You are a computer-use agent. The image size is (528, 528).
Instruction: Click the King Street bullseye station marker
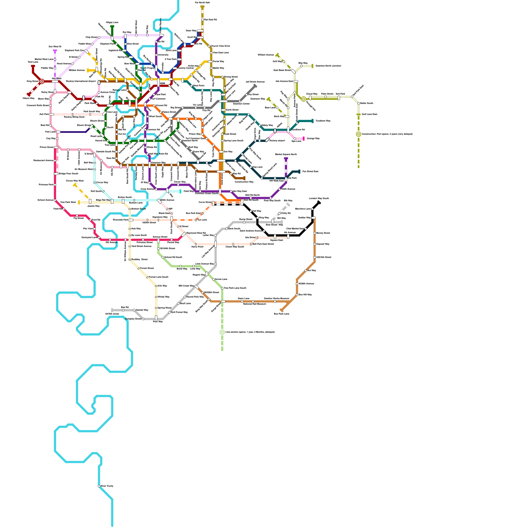[42, 81]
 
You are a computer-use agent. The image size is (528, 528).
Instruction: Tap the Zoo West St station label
[55, 47]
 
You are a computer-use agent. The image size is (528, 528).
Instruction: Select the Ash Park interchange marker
[52, 115]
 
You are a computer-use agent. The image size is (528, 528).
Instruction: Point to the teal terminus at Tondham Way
[312, 121]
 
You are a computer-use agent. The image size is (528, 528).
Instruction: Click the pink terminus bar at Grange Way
[303, 139]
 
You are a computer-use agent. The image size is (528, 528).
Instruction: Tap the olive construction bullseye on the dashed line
[358, 134]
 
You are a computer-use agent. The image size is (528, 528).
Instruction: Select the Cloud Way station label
[312, 94]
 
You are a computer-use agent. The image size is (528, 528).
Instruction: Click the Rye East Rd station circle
[202, 20]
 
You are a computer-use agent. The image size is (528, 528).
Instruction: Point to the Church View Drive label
[220, 46]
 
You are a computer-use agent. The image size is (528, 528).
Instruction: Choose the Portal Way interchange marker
[210, 62]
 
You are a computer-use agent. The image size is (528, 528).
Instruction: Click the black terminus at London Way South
[319, 202]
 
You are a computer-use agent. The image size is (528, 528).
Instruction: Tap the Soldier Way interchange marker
[313, 218]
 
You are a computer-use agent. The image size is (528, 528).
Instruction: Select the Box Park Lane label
[281, 314]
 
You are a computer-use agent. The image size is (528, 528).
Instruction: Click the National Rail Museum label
[254, 304]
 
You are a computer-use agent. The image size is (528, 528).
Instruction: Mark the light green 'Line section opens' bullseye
[222, 332]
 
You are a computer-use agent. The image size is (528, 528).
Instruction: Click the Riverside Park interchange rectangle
[131, 220]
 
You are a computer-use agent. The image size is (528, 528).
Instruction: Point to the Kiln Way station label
[162, 286]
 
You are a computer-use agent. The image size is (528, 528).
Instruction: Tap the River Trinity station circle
[99, 486]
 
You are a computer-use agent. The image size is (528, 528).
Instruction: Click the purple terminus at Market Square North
[286, 159]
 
